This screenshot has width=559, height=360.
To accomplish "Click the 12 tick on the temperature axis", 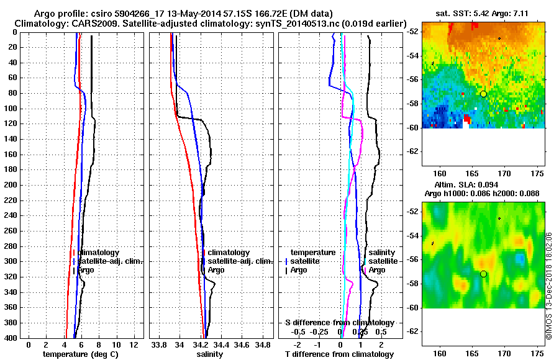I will (133, 344).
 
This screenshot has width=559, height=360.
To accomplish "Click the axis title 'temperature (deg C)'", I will (81, 354).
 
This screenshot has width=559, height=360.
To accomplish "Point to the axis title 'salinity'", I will (209, 354).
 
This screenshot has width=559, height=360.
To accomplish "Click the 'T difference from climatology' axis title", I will (340, 354).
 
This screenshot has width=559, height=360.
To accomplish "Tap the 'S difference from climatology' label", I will (340, 323).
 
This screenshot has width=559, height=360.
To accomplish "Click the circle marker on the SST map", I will (483, 94).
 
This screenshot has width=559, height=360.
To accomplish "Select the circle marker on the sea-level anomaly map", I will (483, 274).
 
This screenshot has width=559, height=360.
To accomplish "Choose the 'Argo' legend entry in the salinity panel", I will (216, 270).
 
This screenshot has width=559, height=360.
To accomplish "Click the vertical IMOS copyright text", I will (549, 285).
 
